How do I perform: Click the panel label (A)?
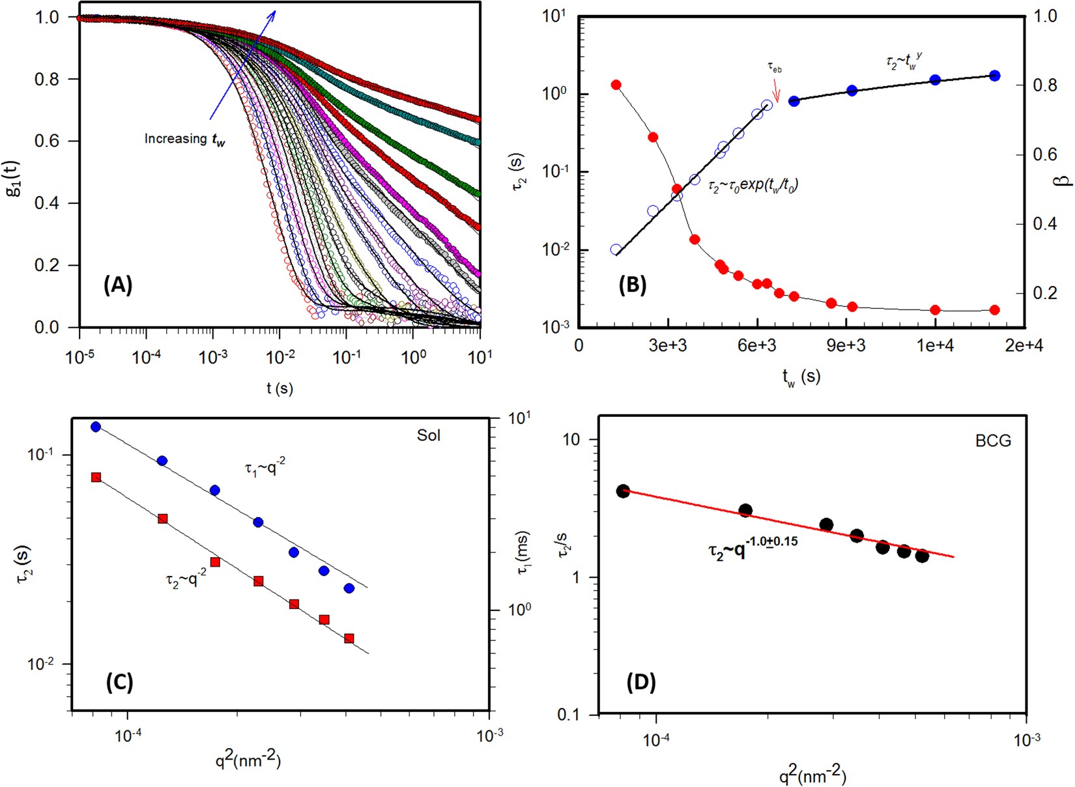click(x=118, y=285)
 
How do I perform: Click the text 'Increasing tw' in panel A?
click(x=185, y=139)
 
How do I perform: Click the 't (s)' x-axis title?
click(x=279, y=388)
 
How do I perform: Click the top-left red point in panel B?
click(x=616, y=85)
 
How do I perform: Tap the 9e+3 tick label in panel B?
click(x=846, y=346)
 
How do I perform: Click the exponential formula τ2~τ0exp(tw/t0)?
click(x=753, y=185)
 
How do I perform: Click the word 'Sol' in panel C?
click(x=429, y=435)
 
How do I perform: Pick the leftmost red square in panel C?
click(x=96, y=478)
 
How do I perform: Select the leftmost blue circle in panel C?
click(x=96, y=427)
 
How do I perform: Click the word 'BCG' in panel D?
click(x=994, y=441)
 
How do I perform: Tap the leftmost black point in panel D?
click(x=623, y=491)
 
